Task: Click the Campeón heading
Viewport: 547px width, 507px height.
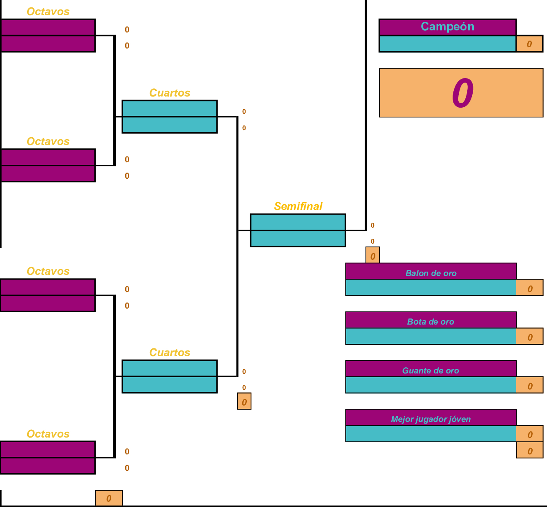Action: point(448,27)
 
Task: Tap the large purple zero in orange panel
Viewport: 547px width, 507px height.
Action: point(462,93)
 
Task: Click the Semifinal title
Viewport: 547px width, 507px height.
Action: point(298,206)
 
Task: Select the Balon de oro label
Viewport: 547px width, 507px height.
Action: point(431,273)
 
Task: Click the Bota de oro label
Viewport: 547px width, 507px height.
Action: point(431,322)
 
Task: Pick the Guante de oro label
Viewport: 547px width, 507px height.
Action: point(431,371)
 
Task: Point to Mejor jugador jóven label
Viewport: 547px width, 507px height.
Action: point(431,419)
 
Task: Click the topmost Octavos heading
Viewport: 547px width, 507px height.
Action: point(48,12)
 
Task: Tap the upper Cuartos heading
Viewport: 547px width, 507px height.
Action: point(170,93)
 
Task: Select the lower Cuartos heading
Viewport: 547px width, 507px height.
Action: point(170,353)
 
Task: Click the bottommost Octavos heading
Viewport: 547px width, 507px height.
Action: point(48,434)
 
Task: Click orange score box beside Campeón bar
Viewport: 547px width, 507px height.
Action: point(529,44)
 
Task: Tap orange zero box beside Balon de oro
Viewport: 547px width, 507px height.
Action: point(530,288)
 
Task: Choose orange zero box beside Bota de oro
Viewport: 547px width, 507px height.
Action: point(530,337)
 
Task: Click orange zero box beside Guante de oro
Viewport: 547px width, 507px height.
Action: point(530,386)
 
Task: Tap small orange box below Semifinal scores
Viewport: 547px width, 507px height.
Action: point(372,256)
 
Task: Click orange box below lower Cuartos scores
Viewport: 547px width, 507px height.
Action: point(244,402)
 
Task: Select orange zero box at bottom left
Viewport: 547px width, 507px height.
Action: point(109,498)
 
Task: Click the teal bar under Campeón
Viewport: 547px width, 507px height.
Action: point(448,44)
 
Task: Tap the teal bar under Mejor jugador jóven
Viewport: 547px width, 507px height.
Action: point(431,434)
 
